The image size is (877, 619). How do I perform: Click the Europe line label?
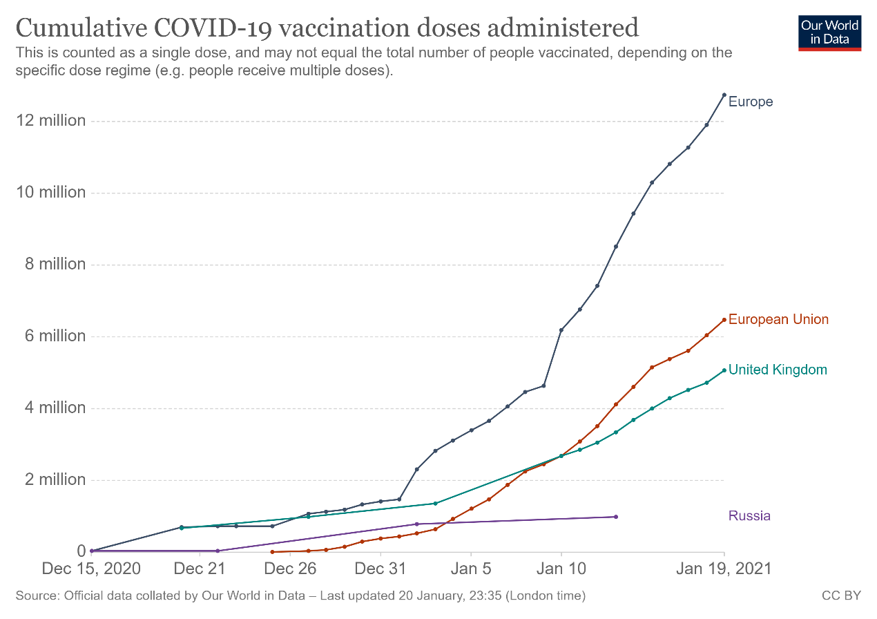(751, 102)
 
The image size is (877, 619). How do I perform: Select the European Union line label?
(778, 319)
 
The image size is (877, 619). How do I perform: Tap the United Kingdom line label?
(778, 370)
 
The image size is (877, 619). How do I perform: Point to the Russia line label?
(749, 516)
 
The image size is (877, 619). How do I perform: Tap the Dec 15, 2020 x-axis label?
(91, 569)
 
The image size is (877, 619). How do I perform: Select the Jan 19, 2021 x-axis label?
(723, 569)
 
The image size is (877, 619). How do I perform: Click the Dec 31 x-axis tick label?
(380, 569)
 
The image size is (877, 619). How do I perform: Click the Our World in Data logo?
(829, 32)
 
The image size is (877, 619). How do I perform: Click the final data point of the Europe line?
(724, 95)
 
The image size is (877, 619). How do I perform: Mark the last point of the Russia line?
(615, 517)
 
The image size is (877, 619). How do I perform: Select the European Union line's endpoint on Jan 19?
(724, 320)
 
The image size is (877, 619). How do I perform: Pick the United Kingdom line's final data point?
(724, 370)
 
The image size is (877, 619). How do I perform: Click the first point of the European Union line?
(272, 552)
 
